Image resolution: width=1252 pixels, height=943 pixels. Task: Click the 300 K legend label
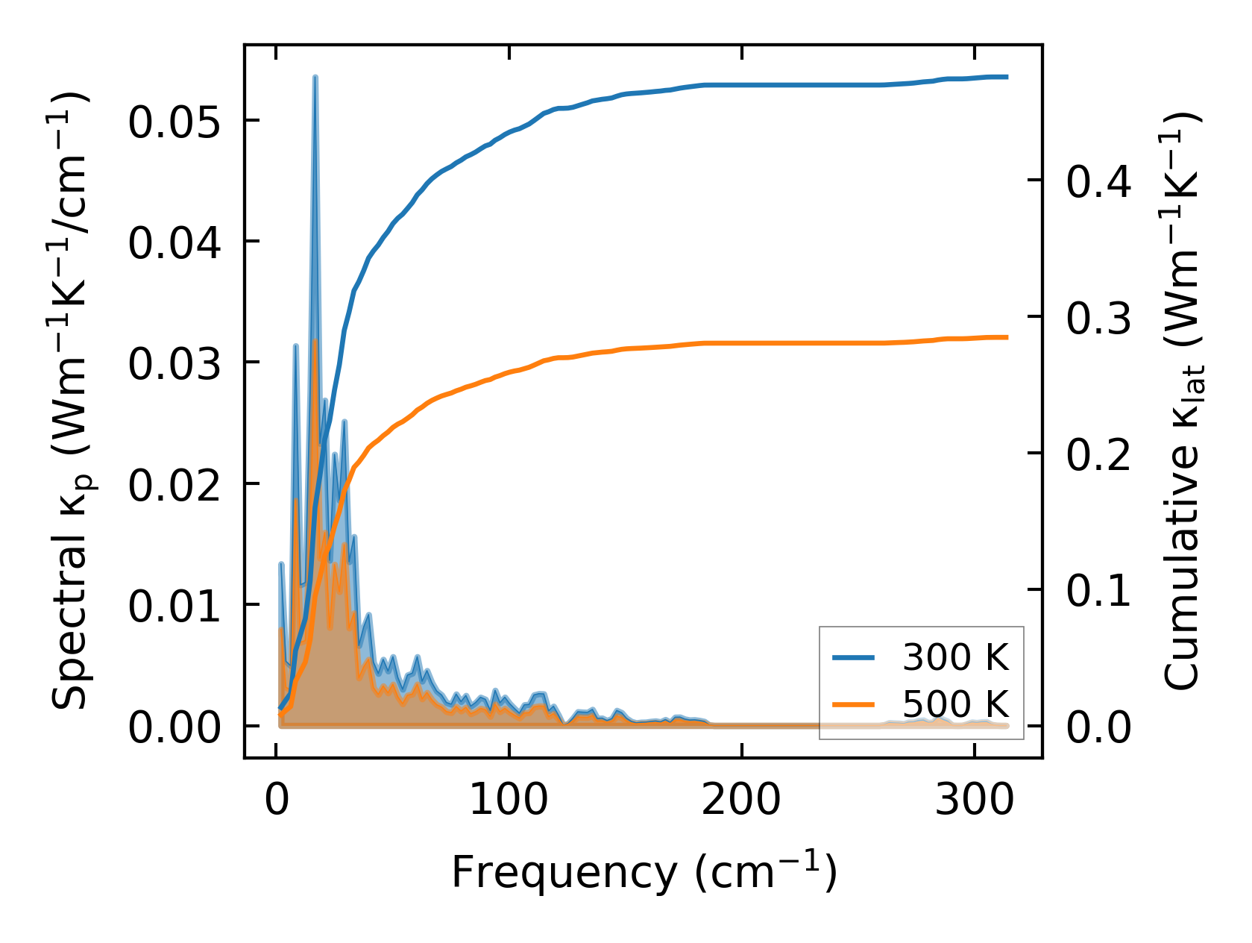click(x=955, y=658)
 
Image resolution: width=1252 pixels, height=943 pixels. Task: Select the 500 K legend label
click(x=955, y=704)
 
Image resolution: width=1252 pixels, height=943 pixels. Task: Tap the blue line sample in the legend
click(x=854, y=658)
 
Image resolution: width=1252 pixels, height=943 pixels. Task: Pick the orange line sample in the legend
click(x=854, y=704)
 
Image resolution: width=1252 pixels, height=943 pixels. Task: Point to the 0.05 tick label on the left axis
click(x=174, y=122)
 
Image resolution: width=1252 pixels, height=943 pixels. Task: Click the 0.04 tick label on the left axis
click(x=174, y=243)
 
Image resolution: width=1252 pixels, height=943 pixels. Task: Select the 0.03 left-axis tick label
click(x=174, y=364)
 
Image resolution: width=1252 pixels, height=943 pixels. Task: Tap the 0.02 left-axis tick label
click(x=174, y=485)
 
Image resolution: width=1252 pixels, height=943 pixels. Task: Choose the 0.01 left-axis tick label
click(x=174, y=606)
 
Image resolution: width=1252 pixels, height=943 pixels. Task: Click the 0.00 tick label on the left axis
click(x=174, y=727)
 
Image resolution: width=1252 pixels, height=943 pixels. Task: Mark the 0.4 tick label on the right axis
click(x=1098, y=181)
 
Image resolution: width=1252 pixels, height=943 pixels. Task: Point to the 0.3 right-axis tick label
click(x=1098, y=318)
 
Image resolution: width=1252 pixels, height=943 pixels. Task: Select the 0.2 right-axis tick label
click(x=1098, y=454)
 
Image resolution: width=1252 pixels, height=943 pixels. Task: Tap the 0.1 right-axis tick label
click(x=1098, y=591)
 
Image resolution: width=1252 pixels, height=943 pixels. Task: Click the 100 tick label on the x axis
click(x=509, y=801)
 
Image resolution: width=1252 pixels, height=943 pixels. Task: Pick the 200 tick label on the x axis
click(x=741, y=801)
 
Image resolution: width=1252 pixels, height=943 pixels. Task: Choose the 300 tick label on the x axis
click(x=974, y=801)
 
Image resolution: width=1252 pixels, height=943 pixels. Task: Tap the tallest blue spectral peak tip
click(x=315, y=77)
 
